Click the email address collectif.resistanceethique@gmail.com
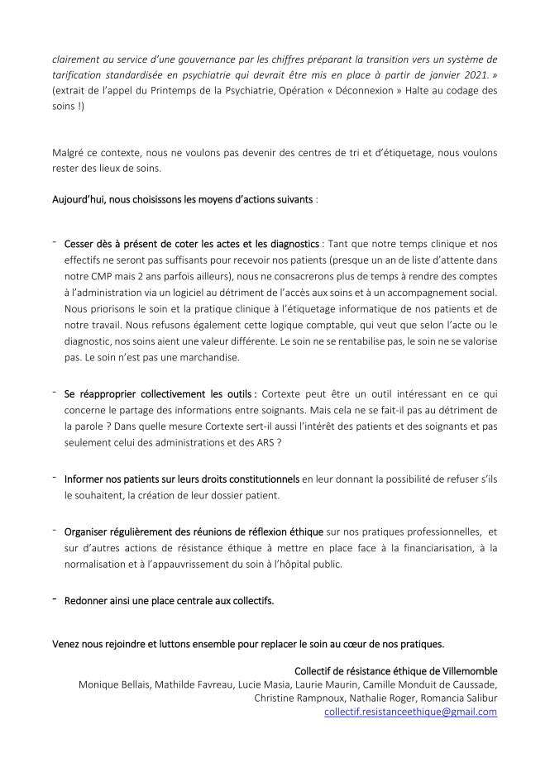[411, 711]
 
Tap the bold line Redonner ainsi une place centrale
[169, 601]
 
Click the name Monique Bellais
[113, 684]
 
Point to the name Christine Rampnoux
[298, 698]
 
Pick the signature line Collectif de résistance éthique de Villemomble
[395, 670]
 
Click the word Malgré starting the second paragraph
[69, 152]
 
